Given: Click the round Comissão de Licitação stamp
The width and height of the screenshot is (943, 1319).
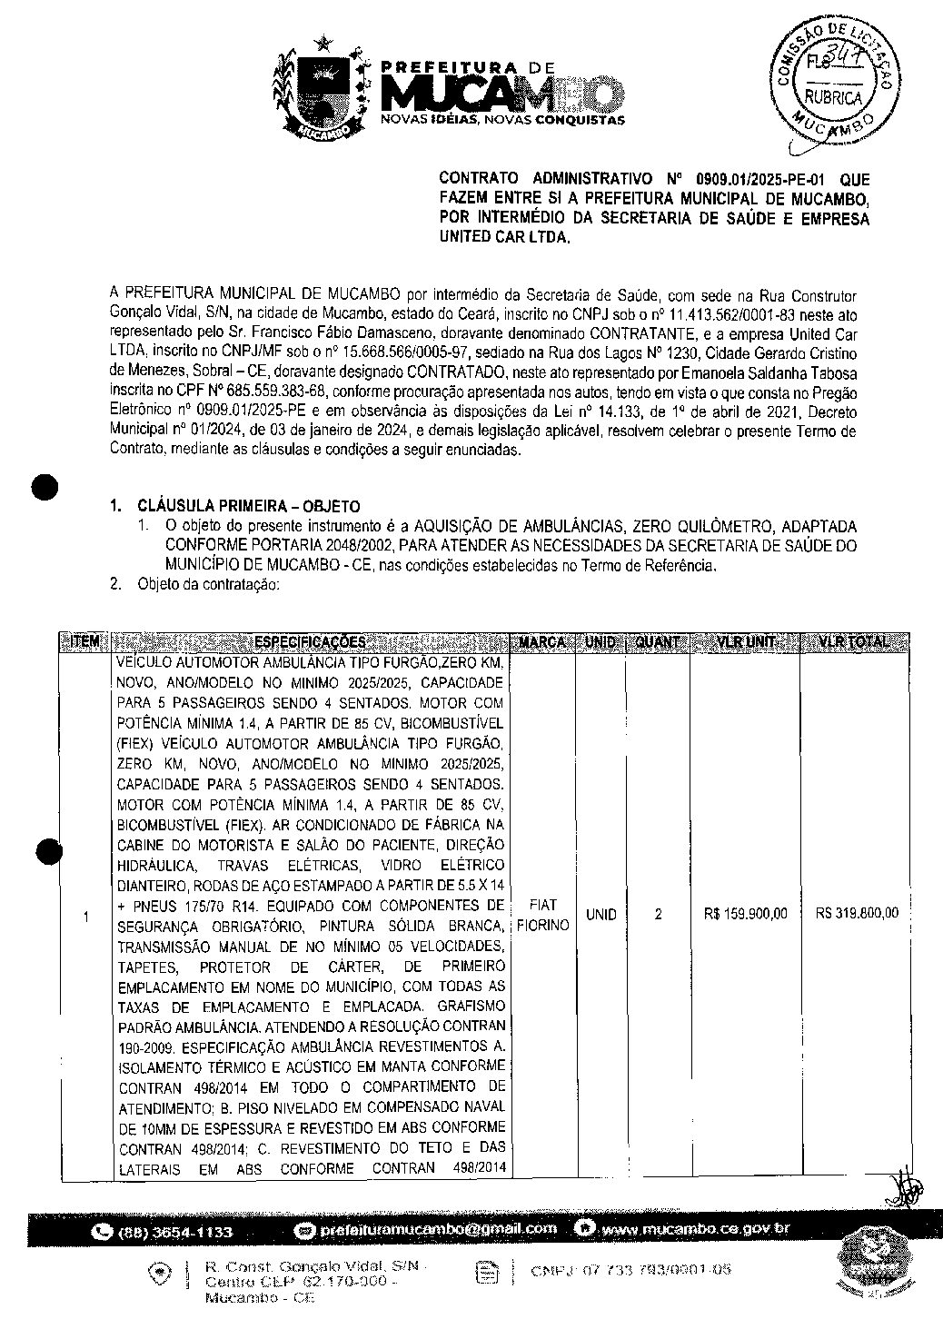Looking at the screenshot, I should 833,84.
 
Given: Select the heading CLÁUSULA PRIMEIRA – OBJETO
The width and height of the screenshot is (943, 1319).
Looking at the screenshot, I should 248,507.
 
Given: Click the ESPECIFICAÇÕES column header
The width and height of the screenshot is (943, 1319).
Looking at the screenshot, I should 310,642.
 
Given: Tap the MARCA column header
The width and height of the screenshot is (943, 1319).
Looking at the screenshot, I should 543,642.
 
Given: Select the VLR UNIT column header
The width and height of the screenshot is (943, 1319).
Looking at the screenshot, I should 745,642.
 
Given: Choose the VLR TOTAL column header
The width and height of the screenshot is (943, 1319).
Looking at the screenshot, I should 853,642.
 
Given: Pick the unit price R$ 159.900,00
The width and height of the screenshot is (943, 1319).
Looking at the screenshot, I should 745,914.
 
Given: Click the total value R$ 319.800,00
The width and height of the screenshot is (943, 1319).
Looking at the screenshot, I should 857,913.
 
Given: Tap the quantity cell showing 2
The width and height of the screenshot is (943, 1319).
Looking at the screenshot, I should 658,915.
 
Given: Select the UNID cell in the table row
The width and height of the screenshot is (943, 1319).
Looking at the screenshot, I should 601,915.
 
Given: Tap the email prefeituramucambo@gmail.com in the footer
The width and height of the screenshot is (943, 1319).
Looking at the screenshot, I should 438,1229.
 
